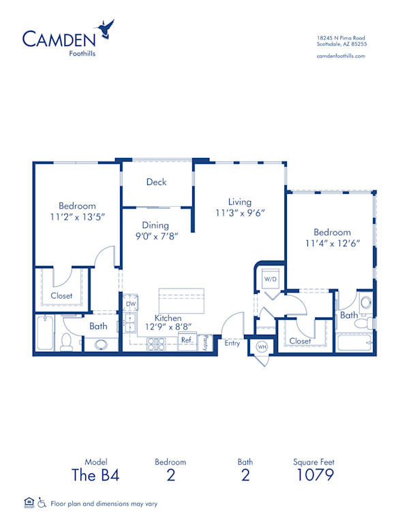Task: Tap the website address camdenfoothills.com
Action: pyautogui.click(x=341, y=56)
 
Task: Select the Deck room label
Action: pyautogui.click(x=156, y=182)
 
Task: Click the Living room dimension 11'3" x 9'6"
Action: pyautogui.click(x=240, y=212)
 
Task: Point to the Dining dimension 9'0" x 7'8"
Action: pyautogui.click(x=155, y=236)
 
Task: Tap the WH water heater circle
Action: pyautogui.click(x=262, y=347)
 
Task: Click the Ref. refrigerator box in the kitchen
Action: pyautogui.click(x=187, y=340)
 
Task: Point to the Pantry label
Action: pyautogui.click(x=204, y=344)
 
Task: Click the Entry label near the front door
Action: pyautogui.click(x=232, y=343)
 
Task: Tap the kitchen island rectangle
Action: pyautogui.click(x=181, y=299)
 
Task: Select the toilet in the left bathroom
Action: pyautogui.click(x=66, y=342)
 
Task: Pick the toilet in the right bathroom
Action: pyautogui.click(x=366, y=302)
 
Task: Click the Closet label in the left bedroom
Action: pyautogui.click(x=62, y=296)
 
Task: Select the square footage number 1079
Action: pyautogui.click(x=315, y=475)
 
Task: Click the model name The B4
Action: pyautogui.click(x=95, y=475)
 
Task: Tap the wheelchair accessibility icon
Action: pyautogui.click(x=42, y=504)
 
